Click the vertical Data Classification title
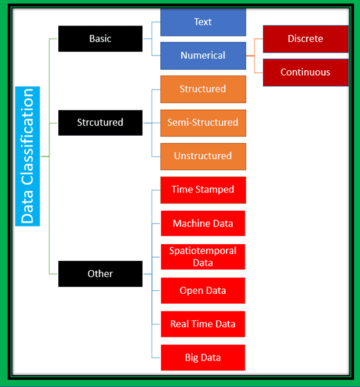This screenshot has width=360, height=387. [x=28, y=156]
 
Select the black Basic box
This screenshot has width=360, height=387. [x=100, y=38]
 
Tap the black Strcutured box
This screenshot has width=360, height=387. [x=100, y=123]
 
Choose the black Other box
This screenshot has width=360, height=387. [x=100, y=274]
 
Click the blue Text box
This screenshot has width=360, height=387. [x=203, y=22]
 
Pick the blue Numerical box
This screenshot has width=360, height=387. [x=203, y=55]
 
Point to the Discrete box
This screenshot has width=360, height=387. [x=305, y=39]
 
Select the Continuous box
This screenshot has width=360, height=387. [x=305, y=73]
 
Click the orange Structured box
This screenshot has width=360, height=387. [x=203, y=89]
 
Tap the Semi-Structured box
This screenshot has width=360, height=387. [x=203, y=123]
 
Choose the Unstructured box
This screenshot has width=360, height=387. [x=203, y=156]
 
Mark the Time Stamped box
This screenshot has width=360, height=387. [x=203, y=190]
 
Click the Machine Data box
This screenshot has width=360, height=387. [x=203, y=224]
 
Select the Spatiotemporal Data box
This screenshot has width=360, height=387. [x=203, y=257]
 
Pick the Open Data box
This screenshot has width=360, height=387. [x=203, y=291]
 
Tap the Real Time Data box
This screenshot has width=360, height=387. [x=203, y=324]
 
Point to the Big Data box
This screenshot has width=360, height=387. [x=203, y=358]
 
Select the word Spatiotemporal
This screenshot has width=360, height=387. [x=203, y=251]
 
